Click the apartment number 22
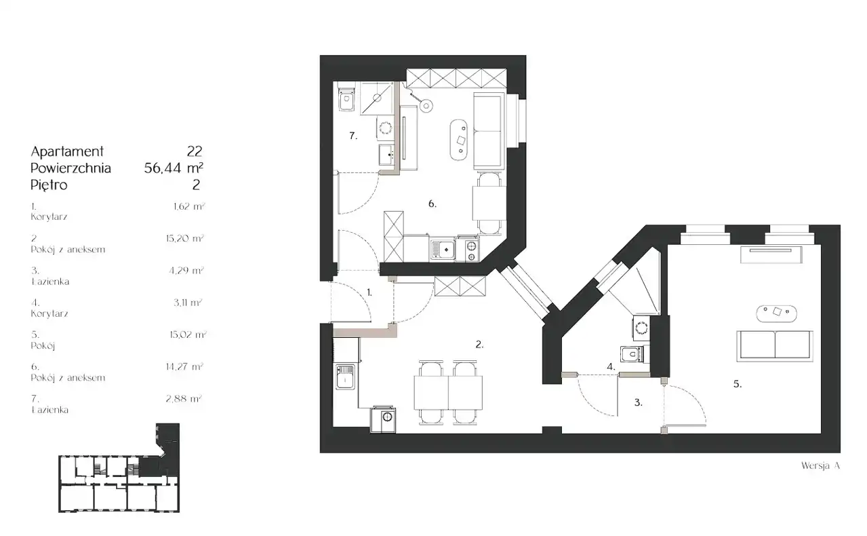point(195,151)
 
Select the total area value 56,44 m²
point(174,168)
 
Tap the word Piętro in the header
point(49,185)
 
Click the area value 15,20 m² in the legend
point(184,238)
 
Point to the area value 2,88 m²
point(184,398)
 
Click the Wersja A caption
point(820,465)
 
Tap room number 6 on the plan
point(432,204)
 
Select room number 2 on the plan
point(479,344)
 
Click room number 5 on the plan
point(738,384)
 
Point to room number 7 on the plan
point(353,136)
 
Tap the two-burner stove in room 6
point(468,248)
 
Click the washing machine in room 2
point(383,419)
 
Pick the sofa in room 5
point(775,346)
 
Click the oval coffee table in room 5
point(776,313)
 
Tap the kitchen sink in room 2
point(345,377)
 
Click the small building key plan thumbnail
point(119,468)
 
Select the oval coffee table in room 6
point(460,140)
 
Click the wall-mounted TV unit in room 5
point(771,254)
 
